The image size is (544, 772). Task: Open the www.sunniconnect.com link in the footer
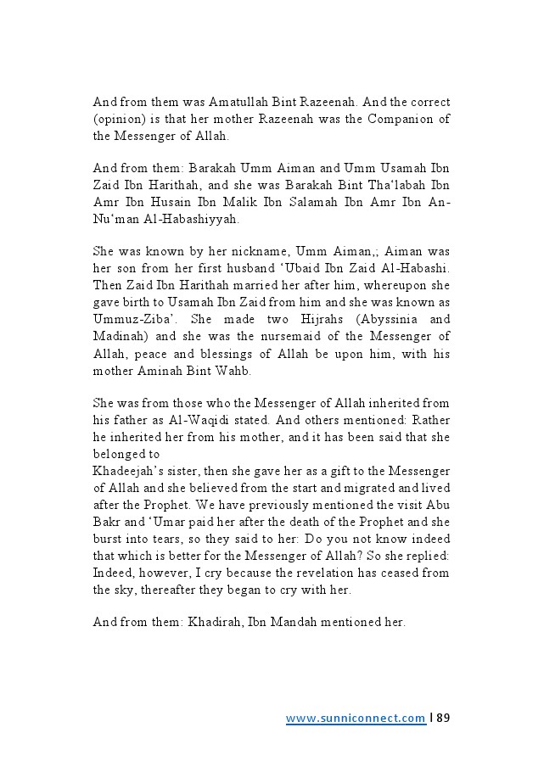(356, 718)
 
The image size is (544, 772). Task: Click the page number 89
(442, 718)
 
